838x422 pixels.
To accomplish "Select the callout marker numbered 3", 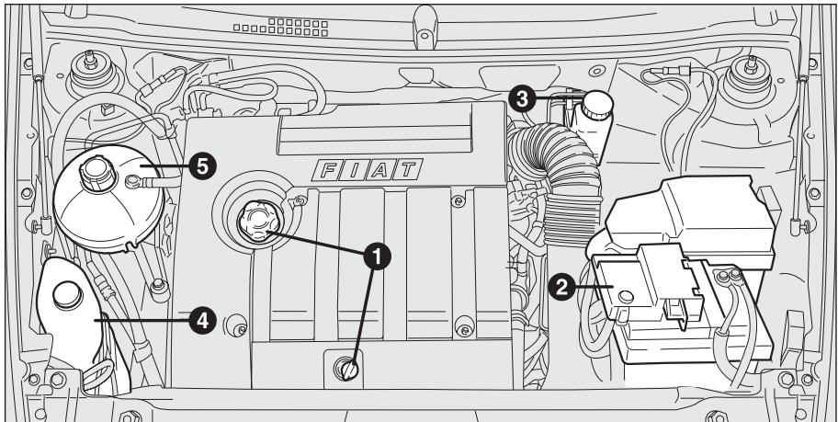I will point(525,98).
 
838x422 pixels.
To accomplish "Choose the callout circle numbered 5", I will point(199,165).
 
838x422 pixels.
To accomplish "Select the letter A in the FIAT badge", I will point(379,169).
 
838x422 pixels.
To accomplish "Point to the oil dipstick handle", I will point(347,370).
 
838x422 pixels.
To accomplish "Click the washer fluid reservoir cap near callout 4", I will point(66,296).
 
